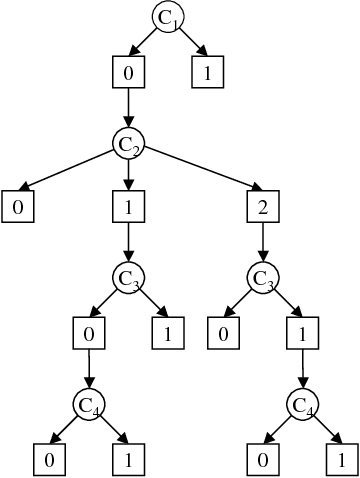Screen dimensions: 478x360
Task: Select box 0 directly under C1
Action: pos(128,72)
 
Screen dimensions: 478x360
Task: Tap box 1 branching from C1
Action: pos(206,72)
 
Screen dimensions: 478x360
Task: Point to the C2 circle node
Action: pos(128,144)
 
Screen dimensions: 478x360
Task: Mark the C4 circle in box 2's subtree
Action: pos(301,404)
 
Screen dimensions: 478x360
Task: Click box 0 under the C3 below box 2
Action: pos(223,332)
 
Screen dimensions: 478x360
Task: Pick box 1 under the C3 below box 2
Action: pos(301,332)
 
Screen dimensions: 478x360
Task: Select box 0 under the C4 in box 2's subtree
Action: pos(262,460)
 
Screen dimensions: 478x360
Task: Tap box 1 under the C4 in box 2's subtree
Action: pos(341,460)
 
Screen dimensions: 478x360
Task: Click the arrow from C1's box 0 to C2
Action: pos(128,108)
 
